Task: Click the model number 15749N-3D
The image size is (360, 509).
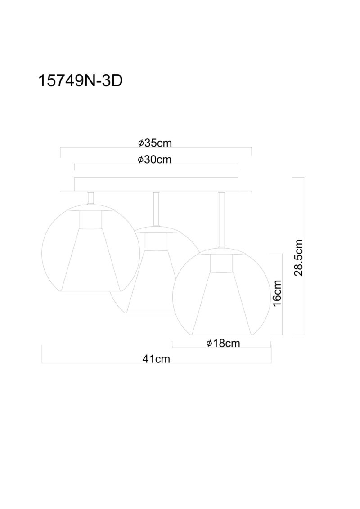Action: pos(80,81)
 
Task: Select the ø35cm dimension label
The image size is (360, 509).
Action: pos(155,143)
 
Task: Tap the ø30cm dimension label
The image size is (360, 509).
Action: pos(155,160)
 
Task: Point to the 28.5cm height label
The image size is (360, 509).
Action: pos(298,258)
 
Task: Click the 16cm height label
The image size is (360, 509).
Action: pos(277,293)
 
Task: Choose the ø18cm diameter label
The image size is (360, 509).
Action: pos(223,343)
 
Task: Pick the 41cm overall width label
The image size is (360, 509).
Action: pos(156,359)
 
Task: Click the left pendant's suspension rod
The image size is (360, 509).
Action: pos(91,198)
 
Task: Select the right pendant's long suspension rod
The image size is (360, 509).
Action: pos(222,220)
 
